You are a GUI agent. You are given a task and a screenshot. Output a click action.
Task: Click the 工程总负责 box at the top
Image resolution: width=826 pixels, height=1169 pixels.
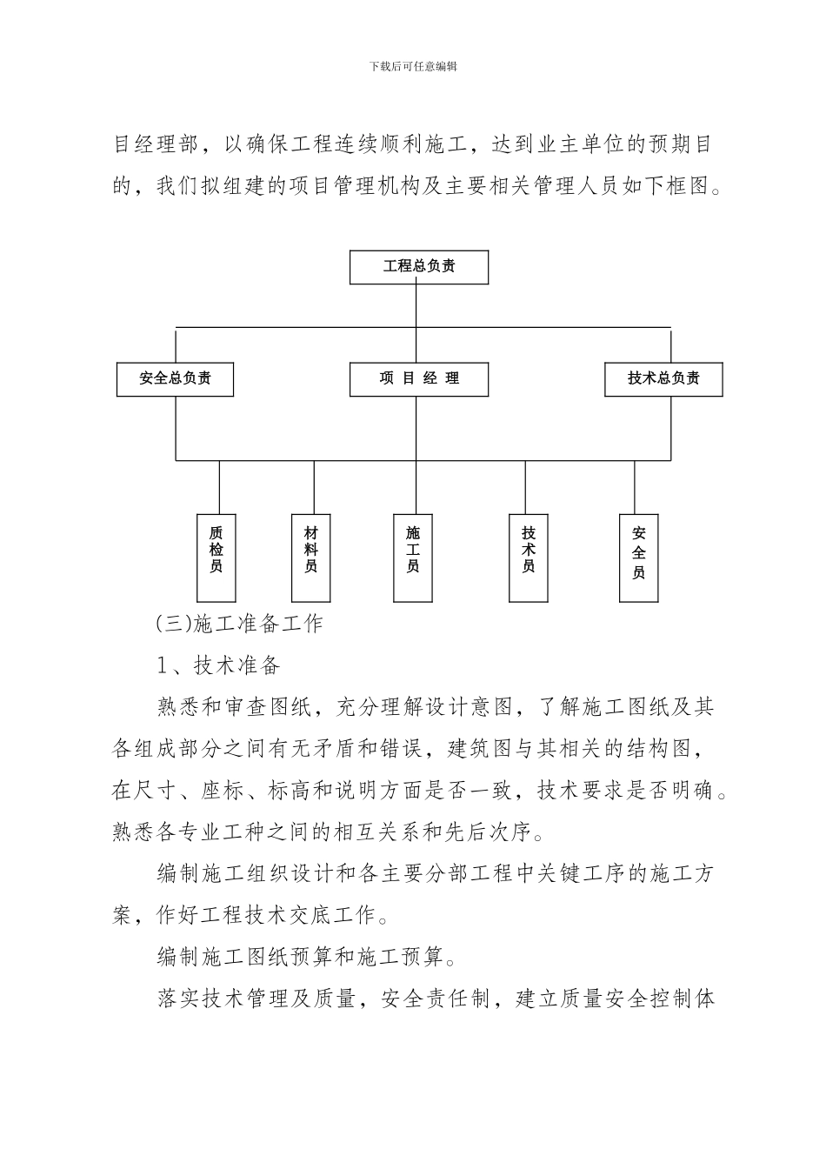click(419, 267)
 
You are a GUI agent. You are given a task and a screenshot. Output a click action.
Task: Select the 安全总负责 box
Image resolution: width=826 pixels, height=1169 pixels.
click(175, 379)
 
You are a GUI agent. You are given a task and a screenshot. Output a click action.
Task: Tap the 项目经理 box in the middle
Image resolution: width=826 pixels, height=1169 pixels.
click(419, 379)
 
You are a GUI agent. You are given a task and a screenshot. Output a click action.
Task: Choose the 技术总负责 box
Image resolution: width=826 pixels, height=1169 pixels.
click(663, 379)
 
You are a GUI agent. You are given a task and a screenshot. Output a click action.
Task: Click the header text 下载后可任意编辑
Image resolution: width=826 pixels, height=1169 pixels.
click(413, 66)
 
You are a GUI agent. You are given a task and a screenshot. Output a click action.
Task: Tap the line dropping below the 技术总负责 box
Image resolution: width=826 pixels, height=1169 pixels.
click(670, 428)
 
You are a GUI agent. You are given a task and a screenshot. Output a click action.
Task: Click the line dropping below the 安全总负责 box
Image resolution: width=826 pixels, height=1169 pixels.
click(176, 428)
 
